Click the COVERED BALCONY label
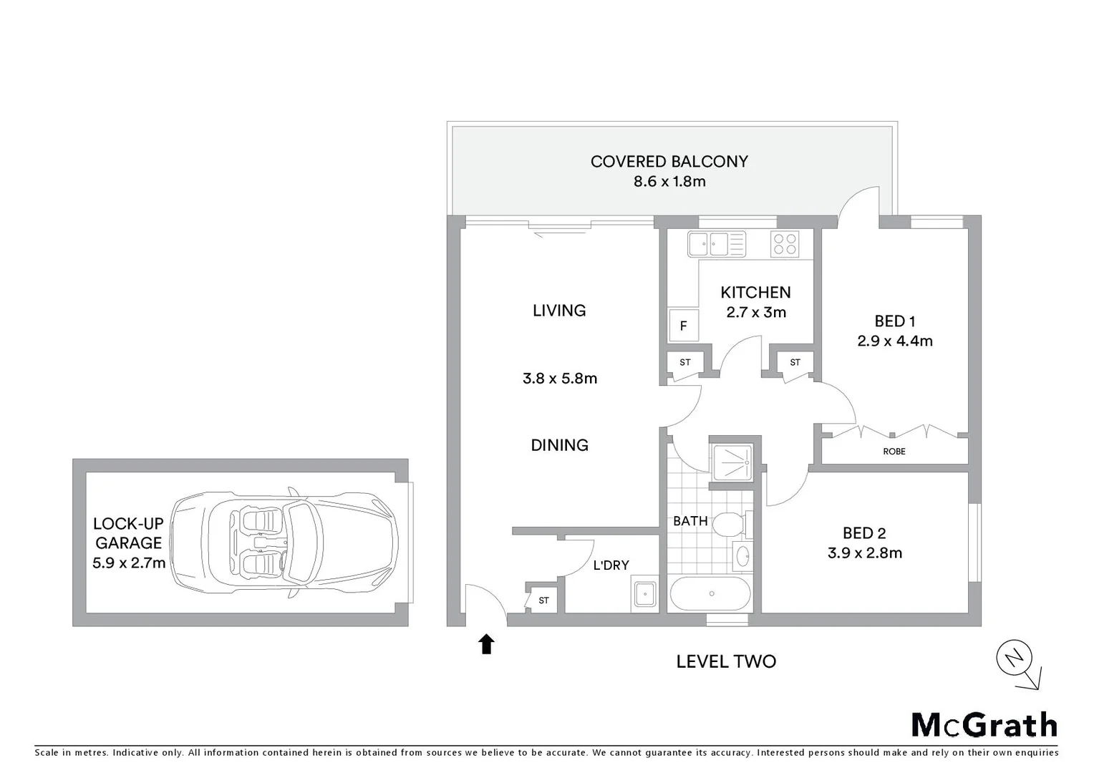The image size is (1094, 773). pos(669,162)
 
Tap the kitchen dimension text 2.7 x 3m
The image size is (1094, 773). pos(756,313)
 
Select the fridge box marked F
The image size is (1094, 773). pos(683,326)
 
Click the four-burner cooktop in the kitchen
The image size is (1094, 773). pos(785,244)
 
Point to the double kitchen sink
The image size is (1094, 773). pos(716,244)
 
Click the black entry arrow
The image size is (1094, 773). pos(487,644)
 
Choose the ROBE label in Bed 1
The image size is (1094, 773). pos(894,452)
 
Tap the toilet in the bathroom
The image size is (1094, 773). pos(732,525)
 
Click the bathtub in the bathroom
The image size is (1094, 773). pos(710,593)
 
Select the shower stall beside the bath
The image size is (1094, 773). pos(732,462)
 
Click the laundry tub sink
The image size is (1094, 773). pos(645,594)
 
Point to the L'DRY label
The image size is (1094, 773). pos(611,565)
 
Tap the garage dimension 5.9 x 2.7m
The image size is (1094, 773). pos(129,563)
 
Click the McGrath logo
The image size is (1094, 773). pos(984,725)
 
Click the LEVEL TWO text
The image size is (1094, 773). pos(726,661)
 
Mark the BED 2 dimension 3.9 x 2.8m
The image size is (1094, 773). pos(865,553)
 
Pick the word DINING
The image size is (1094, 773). pos(559,445)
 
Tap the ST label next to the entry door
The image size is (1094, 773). pos(543,601)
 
